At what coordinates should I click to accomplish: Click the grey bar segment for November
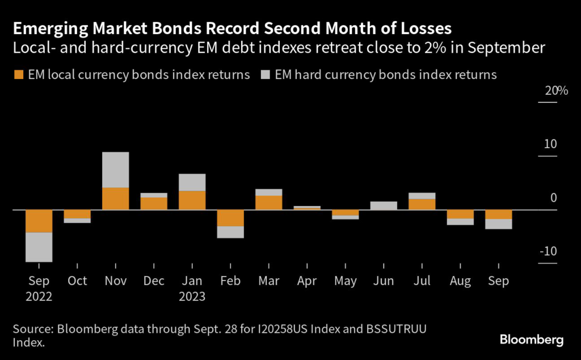[x=115, y=169]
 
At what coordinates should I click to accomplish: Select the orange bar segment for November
[x=115, y=198]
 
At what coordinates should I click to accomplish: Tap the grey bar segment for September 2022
[x=39, y=247]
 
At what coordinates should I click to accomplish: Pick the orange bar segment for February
[x=231, y=218]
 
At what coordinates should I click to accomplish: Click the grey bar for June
[x=384, y=206]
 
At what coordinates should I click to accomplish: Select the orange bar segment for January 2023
[x=192, y=200]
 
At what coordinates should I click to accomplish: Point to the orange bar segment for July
[x=422, y=204]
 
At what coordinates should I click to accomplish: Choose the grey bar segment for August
[x=460, y=221]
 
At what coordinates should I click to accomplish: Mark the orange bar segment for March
[x=269, y=203]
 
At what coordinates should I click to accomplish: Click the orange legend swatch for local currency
[x=19, y=75]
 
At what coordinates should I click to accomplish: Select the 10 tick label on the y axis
[x=550, y=144]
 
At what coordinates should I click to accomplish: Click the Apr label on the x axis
[x=307, y=281]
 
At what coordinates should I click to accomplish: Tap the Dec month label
[x=154, y=281]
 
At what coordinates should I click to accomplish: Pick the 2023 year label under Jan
[x=192, y=296]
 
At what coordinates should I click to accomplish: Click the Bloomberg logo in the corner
[x=532, y=340]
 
